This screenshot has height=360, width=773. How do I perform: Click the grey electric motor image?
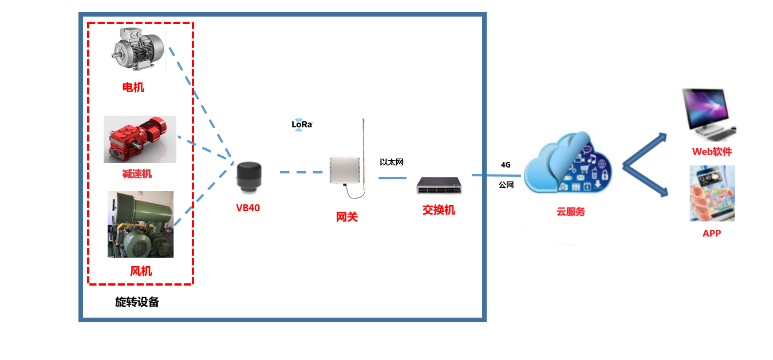(138, 48)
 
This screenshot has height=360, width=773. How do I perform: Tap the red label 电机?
(133, 87)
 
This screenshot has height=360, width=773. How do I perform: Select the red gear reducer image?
(140, 139)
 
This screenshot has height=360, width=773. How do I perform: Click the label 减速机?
(137, 173)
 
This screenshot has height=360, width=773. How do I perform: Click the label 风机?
(141, 271)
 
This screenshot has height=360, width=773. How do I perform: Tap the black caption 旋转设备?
(137, 302)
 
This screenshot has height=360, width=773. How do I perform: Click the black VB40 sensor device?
(250, 176)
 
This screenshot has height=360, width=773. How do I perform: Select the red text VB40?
(248, 208)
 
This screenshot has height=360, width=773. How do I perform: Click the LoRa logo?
(302, 124)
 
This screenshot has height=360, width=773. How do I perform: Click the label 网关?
(346, 217)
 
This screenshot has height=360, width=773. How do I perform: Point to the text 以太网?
(392, 163)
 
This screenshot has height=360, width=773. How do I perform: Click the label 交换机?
(439, 210)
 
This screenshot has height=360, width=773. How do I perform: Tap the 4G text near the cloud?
(506, 165)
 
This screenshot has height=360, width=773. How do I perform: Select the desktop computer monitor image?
(708, 114)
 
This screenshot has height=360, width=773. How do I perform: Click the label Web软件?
(712, 152)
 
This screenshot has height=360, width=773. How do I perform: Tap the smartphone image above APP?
(712, 193)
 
